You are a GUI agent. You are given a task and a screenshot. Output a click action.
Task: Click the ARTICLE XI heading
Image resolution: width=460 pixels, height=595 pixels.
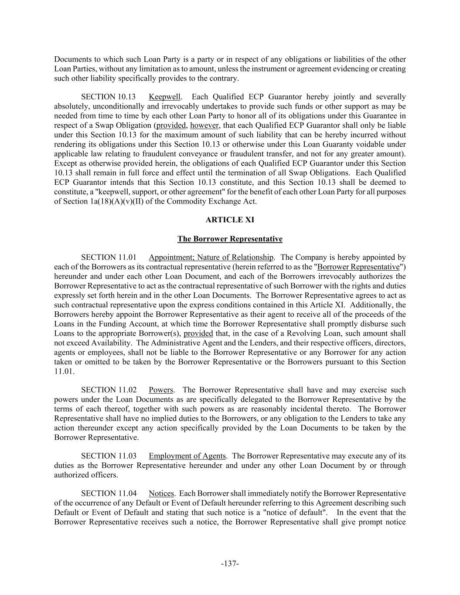click(230, 220)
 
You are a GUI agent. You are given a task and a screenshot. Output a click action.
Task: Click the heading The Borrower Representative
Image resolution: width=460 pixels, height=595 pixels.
click(230, 239)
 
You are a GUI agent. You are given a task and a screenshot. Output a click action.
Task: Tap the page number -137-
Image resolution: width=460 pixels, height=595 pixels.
click(230, 564)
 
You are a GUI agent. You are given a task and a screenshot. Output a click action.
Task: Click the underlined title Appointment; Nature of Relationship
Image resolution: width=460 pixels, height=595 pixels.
click(211, 257)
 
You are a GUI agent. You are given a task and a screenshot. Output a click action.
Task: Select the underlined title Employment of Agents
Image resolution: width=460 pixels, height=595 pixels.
click(187, 456)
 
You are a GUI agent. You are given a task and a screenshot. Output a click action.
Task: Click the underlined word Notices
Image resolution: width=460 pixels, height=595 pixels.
click(161, 493)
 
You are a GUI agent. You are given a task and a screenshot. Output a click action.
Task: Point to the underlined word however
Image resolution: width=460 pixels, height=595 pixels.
click(204, 126)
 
